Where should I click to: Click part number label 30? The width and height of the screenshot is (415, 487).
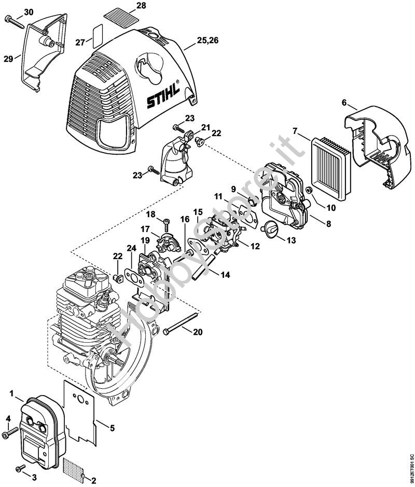pyautogui.click(x=28, y=11)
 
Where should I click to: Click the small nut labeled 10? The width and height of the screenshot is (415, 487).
pyautogui.click(x=309, y=191)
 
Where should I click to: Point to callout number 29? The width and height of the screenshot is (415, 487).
pyautogui.click(x=8, y=59)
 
